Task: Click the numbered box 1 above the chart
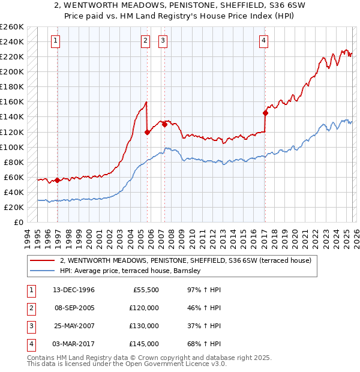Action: (x=55, y=41)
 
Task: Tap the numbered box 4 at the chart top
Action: (x=263, y=41)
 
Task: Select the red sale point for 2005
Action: (x=147, y=132)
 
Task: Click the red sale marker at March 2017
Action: (x=265, y=113)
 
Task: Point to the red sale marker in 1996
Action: (x=57, y=180)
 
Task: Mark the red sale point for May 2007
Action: (x=164, y=125)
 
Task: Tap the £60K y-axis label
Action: (x=13, y=177)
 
